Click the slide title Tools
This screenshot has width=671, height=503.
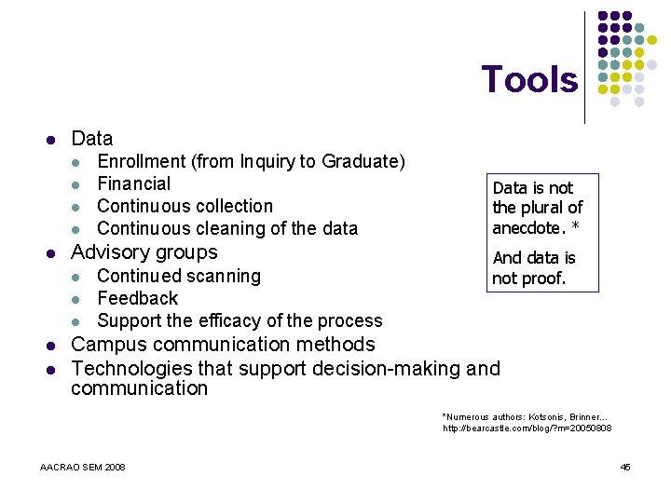[x=528, y=80]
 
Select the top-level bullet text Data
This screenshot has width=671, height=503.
[x=91, y=139]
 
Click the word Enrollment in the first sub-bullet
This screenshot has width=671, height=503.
[x=142, y=162]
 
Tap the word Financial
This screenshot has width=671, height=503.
[x=134, y=184]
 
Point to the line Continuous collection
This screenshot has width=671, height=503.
[x=185, y=206]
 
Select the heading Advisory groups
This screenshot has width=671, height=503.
[x=144, y=252]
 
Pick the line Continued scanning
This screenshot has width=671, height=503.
[x=179, y=276]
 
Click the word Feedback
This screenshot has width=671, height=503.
[x=137, y=298]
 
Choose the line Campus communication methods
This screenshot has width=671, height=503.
[x=223, y=344]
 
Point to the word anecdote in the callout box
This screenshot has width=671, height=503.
[x=528, y=227]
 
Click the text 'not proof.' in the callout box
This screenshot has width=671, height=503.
[x=528, y=279]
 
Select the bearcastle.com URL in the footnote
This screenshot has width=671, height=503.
[x=527, y=428]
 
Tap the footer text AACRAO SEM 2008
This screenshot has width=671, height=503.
[x=83, y=467]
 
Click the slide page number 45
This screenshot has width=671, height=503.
[x=625, y=467]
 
